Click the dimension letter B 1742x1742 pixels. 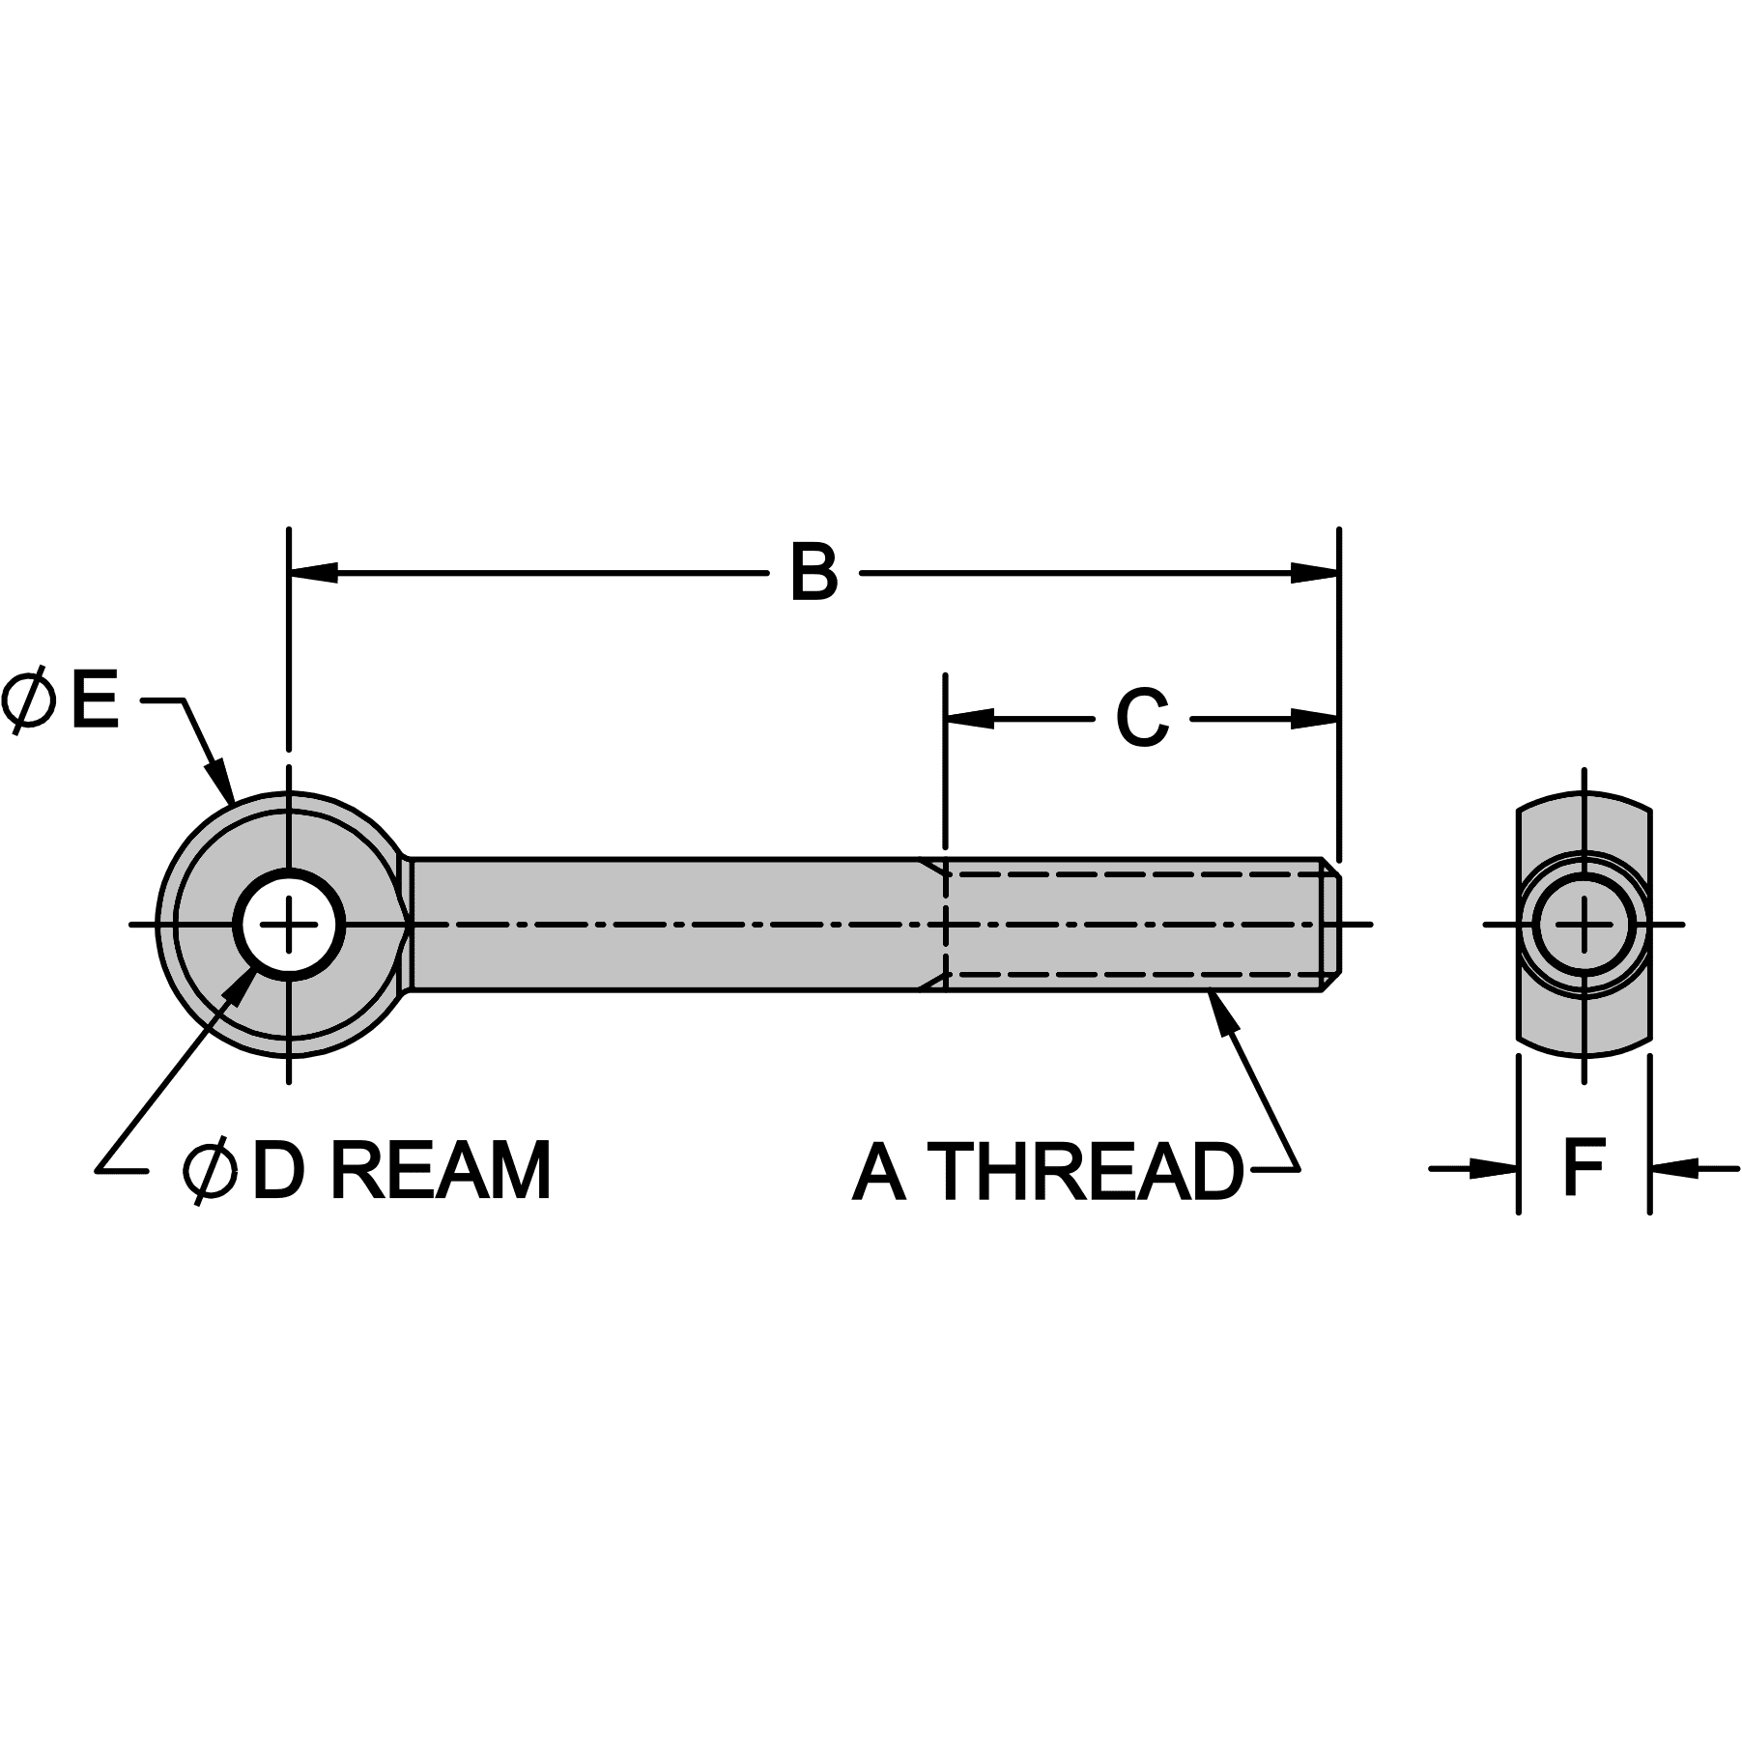(814, 574)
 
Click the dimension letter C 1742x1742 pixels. (1142, 719)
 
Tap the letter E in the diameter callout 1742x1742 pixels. (94, 700)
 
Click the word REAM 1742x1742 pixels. (441, 1171)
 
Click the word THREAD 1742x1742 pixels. (1090, 1173)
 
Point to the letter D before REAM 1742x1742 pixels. (278, 1171)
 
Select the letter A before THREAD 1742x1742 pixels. (879, 1173)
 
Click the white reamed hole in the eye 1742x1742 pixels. (289, 925)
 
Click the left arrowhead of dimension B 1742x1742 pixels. (313, 572)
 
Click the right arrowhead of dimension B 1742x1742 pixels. (1315, 572)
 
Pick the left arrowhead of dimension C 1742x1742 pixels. (969, 719)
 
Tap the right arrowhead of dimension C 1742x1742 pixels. (1315, 719)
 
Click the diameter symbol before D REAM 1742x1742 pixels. (210, 1171)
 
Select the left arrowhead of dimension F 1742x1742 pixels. (1494, 1169)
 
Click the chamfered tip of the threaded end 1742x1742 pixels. (1331, 924)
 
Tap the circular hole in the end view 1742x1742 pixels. (1585, 925)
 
